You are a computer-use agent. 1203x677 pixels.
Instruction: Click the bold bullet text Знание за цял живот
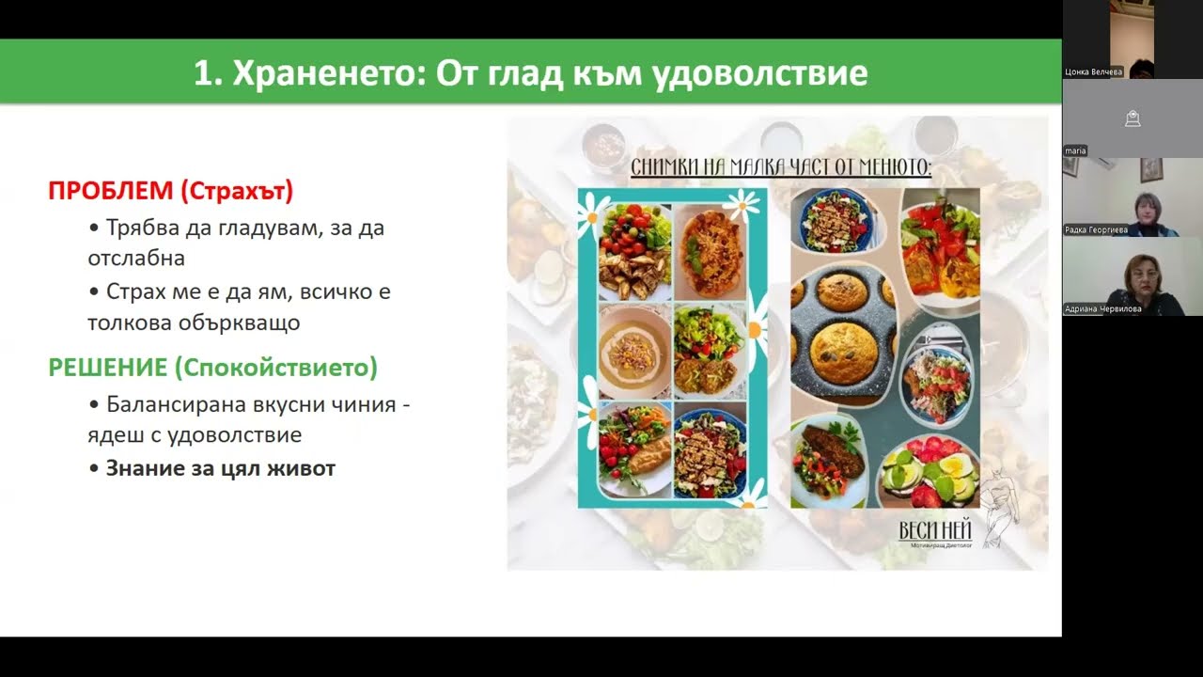point(220,468)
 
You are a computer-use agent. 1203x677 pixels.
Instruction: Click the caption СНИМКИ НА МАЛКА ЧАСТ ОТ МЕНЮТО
point(780,168)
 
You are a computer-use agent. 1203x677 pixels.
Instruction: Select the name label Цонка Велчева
point(1093,71)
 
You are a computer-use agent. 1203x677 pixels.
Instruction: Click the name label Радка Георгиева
point(1095,229)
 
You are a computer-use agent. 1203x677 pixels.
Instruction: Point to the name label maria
point(1075,150)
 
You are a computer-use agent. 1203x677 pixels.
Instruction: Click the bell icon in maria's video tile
point(1133,118)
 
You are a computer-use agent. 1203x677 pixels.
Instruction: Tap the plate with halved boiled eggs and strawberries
point(929,473)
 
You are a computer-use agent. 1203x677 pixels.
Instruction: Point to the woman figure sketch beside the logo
point(997,504)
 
